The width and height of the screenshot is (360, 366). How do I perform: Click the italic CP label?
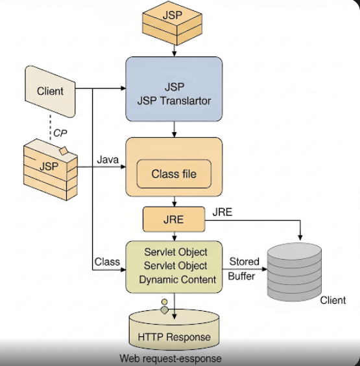[60, 133]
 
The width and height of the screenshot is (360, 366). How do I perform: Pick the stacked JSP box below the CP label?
[49, 166]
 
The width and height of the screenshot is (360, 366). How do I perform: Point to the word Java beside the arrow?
[107, 159]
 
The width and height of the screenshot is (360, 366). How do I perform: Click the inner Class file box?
[173, 174]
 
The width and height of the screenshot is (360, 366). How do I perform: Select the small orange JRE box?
[173, 220]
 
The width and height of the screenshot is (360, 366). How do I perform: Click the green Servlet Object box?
[173, 264]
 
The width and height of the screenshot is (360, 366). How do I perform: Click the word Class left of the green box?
[107, 262]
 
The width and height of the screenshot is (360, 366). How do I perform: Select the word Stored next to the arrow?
[245, 262]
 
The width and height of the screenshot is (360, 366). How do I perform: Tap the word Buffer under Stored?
[241, 275]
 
